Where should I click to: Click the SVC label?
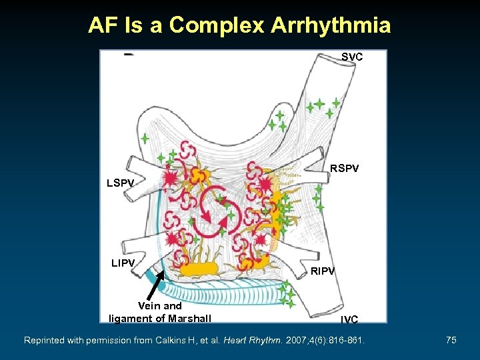point(352,57)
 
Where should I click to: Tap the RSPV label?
point(344,169)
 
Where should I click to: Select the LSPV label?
point(121,182)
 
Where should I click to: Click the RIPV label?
point(322,271)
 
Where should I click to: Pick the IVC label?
point(349,320)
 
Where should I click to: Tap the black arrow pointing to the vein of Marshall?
point(155,287)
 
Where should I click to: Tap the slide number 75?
point(451,341)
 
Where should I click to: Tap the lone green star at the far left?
point(145,139)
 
